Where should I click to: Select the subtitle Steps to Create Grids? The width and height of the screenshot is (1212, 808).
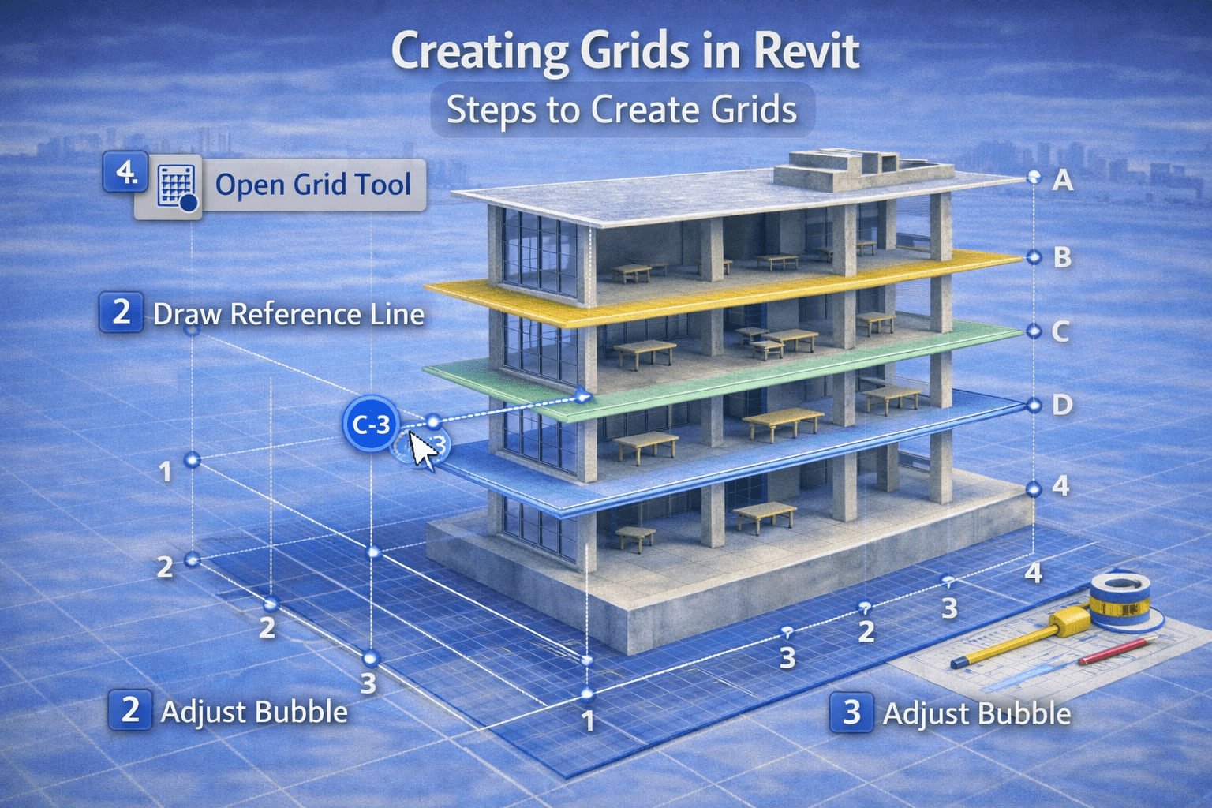click(x=622, y=110)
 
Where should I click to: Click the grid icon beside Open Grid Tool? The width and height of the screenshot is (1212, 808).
click(x=177, y=187)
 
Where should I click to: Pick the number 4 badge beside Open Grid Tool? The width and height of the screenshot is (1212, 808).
click(x=125, y=171)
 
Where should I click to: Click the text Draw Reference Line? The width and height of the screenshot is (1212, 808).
click(x=289, y=314)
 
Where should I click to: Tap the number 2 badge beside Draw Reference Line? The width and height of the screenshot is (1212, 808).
click(x=121, y=312)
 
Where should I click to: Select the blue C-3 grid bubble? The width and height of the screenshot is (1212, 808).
click(x=371, y=425)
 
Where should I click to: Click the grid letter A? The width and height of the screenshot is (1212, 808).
click(x=1063, y=181)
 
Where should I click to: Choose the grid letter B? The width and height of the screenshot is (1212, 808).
click(x=1062, y=257)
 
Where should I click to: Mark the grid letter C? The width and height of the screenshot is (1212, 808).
click(x=1060, y=331)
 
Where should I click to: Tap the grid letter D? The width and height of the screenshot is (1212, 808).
click(x=1062, y=405)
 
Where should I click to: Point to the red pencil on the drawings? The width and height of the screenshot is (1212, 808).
click(x=1114, y=651)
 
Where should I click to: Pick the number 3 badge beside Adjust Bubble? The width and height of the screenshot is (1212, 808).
click(x=851, y=713)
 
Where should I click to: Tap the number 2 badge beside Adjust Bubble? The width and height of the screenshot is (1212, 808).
click(x=130, y=709)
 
